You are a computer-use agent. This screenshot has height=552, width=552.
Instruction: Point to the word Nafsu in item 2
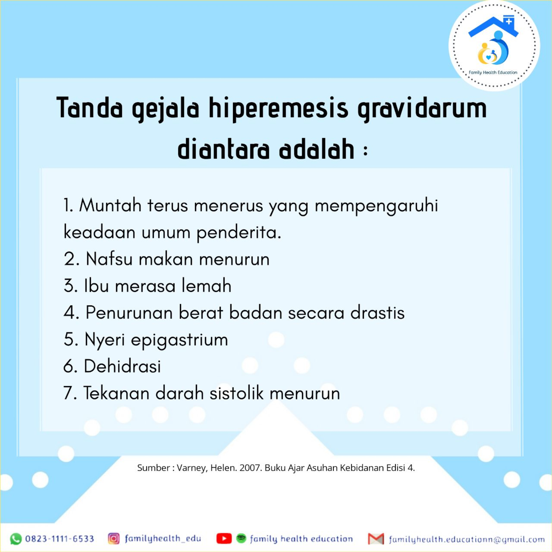click(x=109, y=259)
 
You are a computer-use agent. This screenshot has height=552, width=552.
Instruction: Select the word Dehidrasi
click(x=122, y=366)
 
